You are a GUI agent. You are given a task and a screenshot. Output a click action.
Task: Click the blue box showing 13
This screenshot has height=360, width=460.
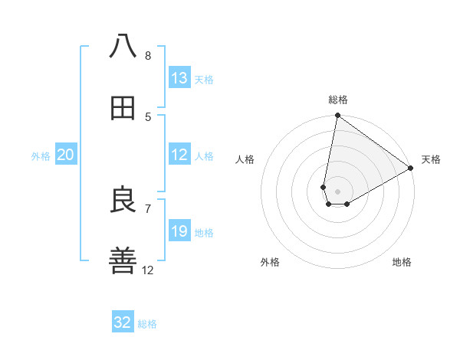(179, 77)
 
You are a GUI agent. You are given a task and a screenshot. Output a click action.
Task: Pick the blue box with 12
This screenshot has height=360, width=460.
(179, 155)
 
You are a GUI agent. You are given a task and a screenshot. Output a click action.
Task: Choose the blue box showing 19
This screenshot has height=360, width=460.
(179, 231)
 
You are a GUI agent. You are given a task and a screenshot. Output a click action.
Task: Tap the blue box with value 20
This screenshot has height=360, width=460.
(66, 155)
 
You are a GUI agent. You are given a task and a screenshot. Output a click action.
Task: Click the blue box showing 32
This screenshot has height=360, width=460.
(123, 322)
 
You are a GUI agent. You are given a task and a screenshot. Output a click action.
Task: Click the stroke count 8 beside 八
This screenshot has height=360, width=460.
(148, 56)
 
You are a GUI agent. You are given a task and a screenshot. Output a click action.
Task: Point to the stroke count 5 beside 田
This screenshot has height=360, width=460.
(148, 117)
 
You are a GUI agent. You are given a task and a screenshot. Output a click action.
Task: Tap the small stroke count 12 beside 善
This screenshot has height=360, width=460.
(148, 270)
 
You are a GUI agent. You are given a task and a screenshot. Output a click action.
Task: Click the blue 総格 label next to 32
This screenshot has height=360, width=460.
(147, 324)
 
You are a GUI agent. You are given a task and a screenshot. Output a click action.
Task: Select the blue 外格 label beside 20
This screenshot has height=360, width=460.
(41, 156)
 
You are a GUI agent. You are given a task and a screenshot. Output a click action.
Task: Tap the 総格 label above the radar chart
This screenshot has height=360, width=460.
(338, 100)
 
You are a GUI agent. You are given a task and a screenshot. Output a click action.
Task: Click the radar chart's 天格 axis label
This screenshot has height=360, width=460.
(431, 159)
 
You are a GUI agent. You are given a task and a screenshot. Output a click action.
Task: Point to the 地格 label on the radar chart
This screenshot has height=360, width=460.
(402, 262)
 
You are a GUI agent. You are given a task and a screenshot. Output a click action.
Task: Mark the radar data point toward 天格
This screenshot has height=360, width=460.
(411, 169)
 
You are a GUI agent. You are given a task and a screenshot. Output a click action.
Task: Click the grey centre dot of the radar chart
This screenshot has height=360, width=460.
(338, 191)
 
